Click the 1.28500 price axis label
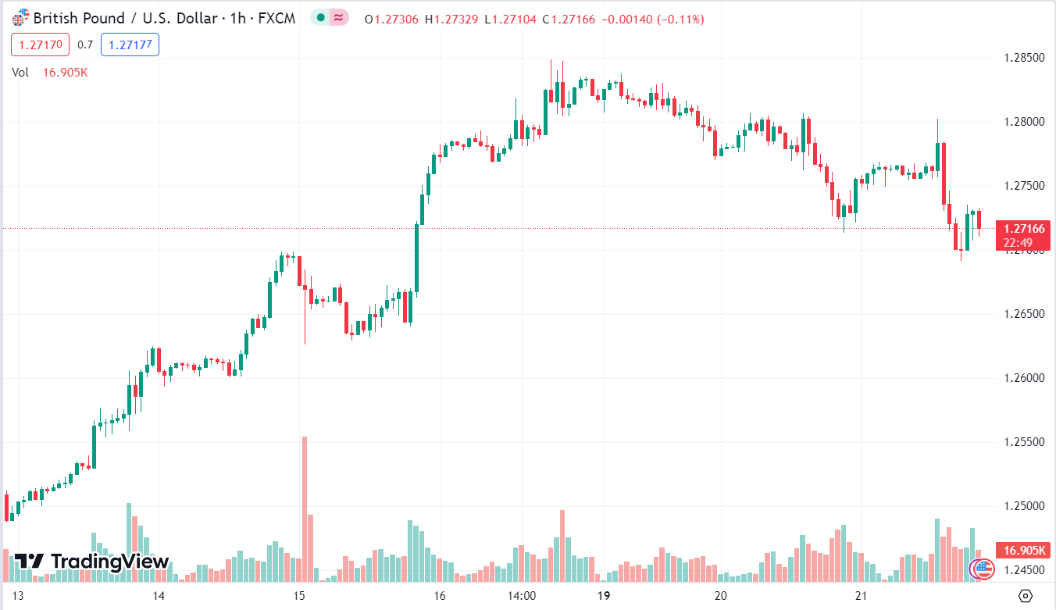(x=1022, y=58)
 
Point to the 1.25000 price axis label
(x=1022, y=506)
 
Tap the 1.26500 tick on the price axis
(x=1022, y=314)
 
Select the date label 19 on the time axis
(x=603, y=596)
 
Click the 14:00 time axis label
(x=521, y=596)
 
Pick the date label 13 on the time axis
(x=19, y=596)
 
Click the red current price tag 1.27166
(x=1023, y=229)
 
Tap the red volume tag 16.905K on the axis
(x=1022, y=551)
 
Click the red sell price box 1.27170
(x=40, y=45)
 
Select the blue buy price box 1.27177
(x=130, y=45)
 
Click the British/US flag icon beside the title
(x=20, y=17)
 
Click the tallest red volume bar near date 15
(x=304, y=508)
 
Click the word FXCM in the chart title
(x=277, y=18)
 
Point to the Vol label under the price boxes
(x=20, y=72)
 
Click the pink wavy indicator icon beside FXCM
(x=339, y=18)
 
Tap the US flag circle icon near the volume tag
(x=981, y=568)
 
